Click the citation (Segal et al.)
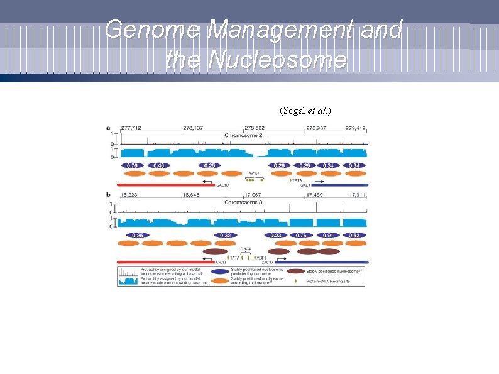coord(305,111)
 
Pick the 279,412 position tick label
coord(356,128)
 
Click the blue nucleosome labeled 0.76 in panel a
coord(133,165)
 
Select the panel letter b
coord(108,195)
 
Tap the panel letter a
coord(108,128)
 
